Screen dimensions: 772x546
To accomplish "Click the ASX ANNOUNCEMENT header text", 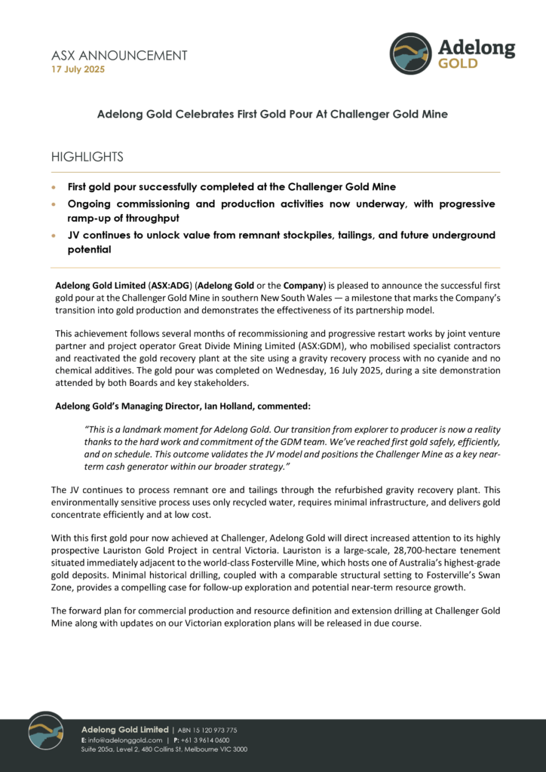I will click(119, 55).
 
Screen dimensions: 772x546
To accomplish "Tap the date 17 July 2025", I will click(78, 69).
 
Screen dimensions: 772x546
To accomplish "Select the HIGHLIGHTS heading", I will click(87, 157).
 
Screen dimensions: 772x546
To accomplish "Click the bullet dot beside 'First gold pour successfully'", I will click(53, 186).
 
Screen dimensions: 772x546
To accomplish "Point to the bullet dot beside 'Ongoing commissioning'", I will click(53, 204).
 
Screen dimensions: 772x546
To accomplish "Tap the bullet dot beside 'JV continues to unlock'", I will click(53, 235).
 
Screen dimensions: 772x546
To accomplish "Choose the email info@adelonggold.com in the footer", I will click(124, 740).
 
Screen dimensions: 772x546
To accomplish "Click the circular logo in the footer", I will click(46, 731).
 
